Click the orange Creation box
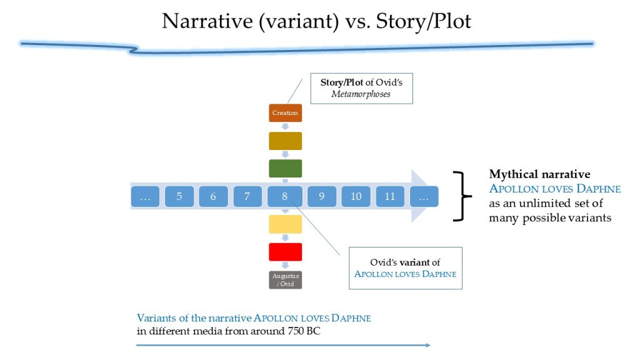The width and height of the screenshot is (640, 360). [x=285, y=113]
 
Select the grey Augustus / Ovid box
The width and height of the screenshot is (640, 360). [x=285, y=280]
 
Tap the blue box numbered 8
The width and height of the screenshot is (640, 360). [x=285, y=196]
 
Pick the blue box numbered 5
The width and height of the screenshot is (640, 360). [x=179, y=196]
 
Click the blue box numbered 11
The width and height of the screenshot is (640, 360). [x=390, y=196]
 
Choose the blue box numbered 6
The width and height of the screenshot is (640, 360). [x=213, y=196]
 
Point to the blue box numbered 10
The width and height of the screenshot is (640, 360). [x=356, y=196]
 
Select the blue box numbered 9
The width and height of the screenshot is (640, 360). [x=322, y=196]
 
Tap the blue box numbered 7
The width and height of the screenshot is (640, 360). [x=247, y=196]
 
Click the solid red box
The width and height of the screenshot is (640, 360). [x=285, y=252]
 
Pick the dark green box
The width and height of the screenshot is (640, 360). [x=285, y=169]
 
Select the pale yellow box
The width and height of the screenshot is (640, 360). [x=285, y=224]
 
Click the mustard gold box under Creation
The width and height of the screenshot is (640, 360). [x=285, y=141]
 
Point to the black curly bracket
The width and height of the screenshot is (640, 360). [x=464, y=196]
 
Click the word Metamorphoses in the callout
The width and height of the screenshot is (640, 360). [x=361, y=94]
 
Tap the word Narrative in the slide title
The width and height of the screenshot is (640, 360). [x=207, y=21]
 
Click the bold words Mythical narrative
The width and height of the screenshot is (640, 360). [x=539, y=174]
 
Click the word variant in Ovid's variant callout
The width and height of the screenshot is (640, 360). [x=414, y=262]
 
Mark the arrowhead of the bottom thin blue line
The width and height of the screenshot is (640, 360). [x=428, y=345]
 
